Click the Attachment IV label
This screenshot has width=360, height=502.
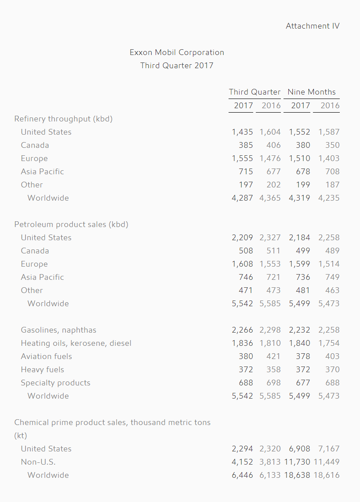[x=313, y=26]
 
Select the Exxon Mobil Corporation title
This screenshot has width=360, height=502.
[x=177, y=52]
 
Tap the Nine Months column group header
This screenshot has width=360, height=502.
[x=312, y=92]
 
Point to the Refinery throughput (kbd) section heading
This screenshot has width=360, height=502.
[x=63, y=119]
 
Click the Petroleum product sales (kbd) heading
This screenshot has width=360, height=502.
[x=71, y=224]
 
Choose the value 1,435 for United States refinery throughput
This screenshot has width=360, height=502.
[x=242, y=132]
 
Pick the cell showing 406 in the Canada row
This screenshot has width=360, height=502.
[x=273, y=145]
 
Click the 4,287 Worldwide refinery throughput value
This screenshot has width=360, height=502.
[x=242, y=198]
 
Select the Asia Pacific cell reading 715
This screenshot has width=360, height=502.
[x=246, y=172]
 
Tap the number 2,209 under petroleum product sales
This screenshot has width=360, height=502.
[x=242, y=238]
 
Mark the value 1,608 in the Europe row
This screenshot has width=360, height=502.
[x=242, y=264]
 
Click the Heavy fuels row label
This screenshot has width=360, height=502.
[x=43, y=370]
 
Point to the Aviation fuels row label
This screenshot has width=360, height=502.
[x=47, y=356]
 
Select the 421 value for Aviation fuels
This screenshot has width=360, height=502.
[x=273, y=356]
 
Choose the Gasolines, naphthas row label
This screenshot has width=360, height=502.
[x=58, y=330]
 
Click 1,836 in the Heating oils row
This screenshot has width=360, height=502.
[x=242, y=343]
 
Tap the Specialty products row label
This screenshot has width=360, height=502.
[x=56, y=383]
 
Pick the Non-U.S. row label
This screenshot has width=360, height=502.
[x=38, y=462]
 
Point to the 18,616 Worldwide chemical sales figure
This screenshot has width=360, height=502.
[x=327, y=475]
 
